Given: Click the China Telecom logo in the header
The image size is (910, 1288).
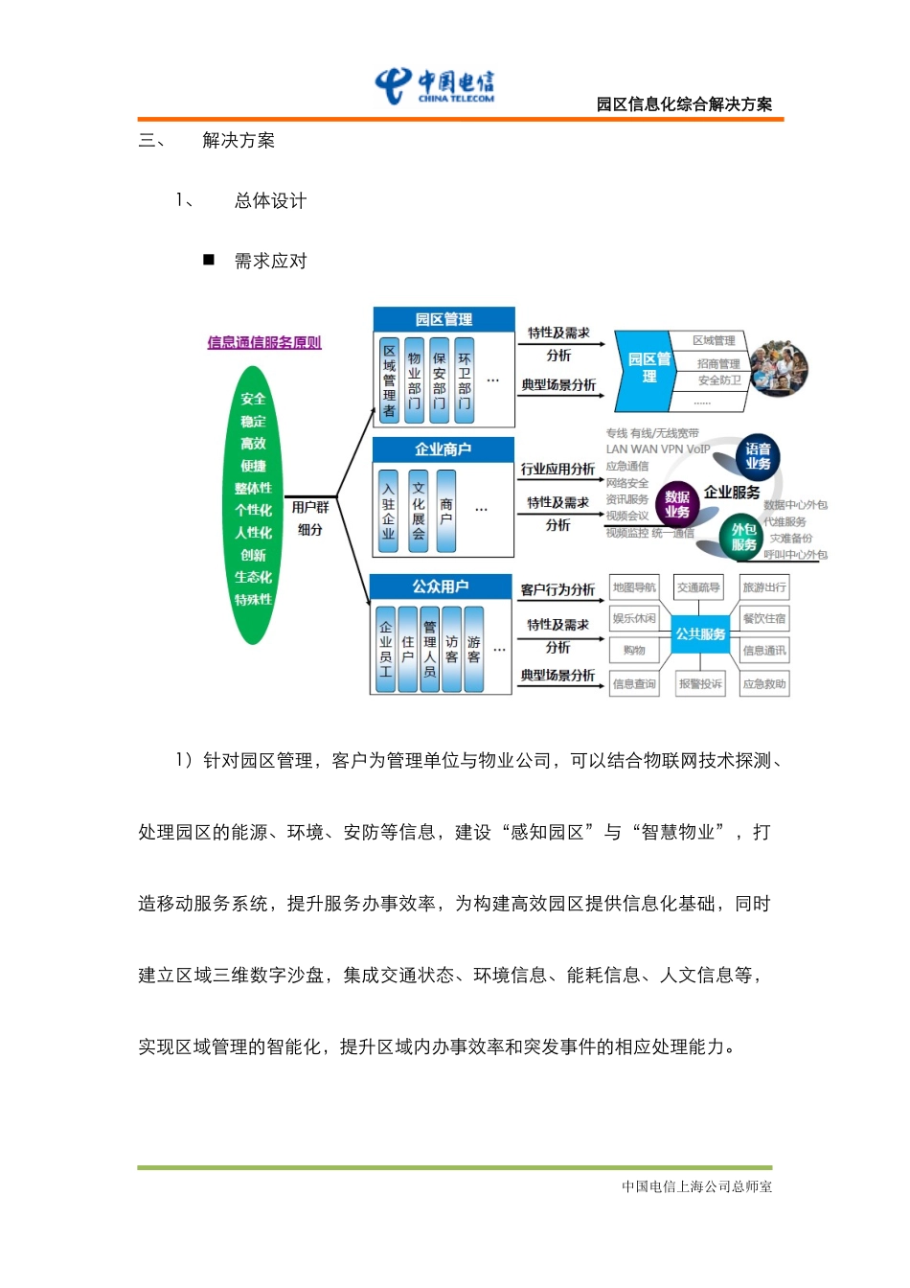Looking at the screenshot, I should [x=436, y=85].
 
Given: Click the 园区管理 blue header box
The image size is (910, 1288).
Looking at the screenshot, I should [x=444, y=319].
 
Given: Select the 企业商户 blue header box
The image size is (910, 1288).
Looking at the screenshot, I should [x=443, y=448].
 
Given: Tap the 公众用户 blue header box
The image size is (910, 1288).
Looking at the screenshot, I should [x=441, y=586].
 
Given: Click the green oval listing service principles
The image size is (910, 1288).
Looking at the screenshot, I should [x=253, y=505].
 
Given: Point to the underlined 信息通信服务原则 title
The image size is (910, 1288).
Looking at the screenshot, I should [x=264, y=342].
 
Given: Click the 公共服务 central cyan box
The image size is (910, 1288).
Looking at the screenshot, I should [x=700, y=634].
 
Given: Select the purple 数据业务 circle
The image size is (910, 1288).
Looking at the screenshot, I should [x=677, y=504].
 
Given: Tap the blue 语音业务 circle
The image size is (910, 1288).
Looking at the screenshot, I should [x=758, y=456].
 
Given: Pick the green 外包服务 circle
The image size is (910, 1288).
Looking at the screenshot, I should [x=743, y=537].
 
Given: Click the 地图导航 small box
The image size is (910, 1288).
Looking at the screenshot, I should [x=634, y=587].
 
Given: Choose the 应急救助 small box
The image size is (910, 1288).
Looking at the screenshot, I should [x=763, y=684].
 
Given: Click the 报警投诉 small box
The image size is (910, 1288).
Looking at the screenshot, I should [x=700, y=684].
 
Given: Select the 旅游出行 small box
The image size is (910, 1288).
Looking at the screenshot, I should [x=763, y=587].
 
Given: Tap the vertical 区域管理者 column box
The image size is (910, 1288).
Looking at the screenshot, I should [x=389, y=380].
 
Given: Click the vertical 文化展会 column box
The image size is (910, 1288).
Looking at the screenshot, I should [x=419, y=511].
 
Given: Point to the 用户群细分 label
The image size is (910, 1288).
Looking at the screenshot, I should [x=309, y=517].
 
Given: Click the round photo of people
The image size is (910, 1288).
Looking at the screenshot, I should [x=778, y=368].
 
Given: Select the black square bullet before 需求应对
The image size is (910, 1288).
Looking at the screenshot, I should [x=209, y=260].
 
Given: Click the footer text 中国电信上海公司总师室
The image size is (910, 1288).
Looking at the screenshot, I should [x=696, y=1186].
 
